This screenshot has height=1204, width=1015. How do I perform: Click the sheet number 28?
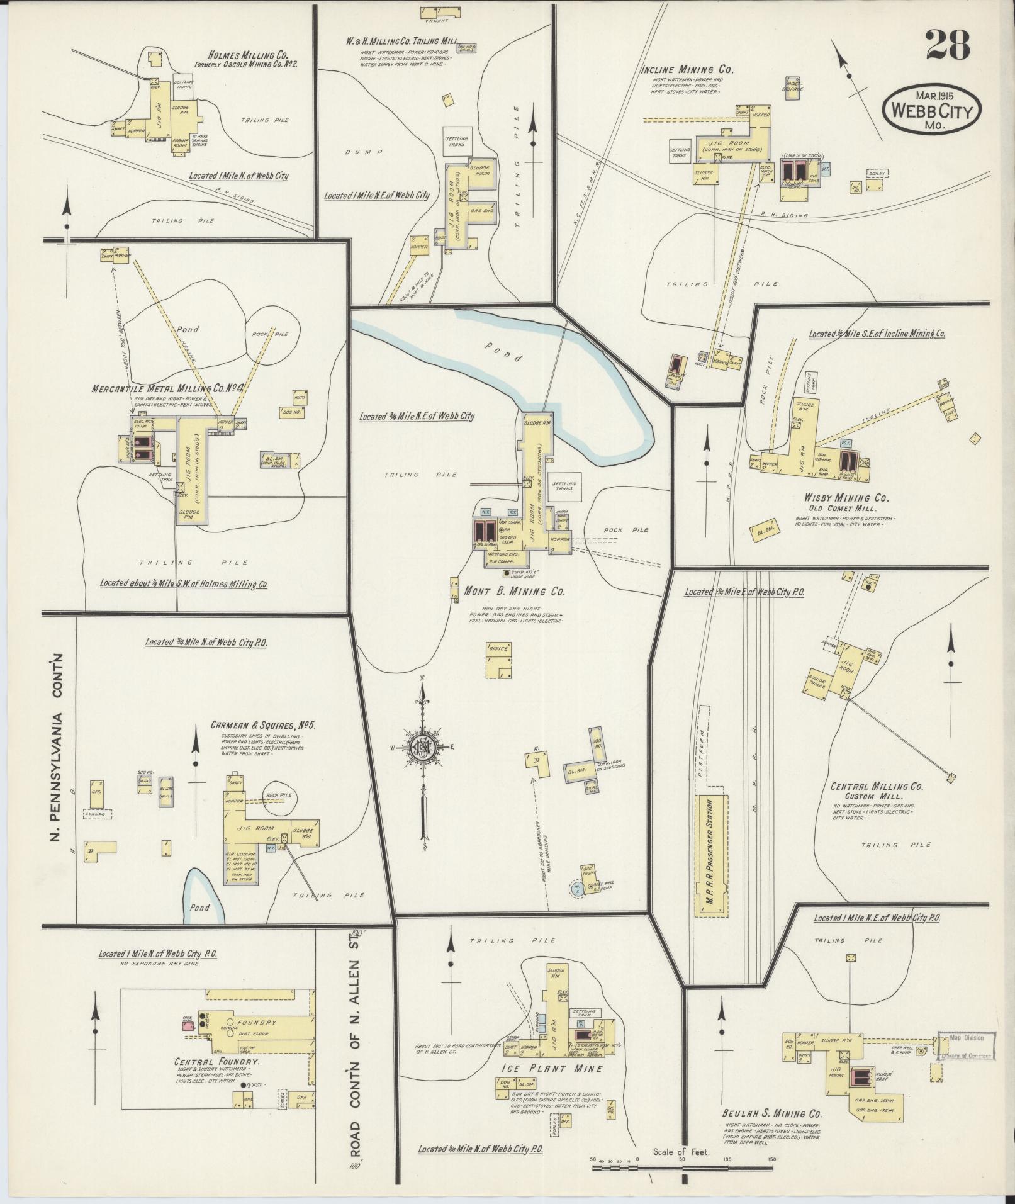click(947, 45)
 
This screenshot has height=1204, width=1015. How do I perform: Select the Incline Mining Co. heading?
click(687, 70)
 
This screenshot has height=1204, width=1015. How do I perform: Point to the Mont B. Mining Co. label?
click(514, 592)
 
